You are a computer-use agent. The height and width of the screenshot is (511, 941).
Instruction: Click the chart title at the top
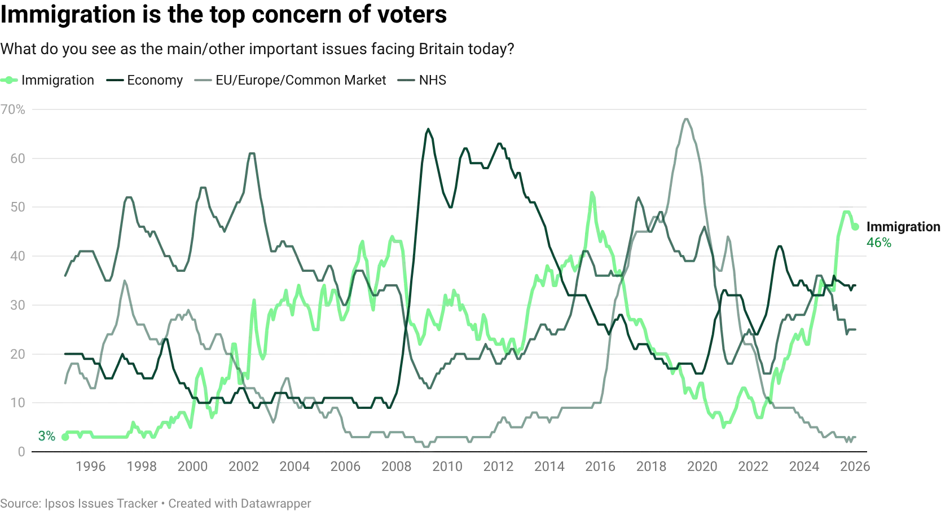(x=257, y=50)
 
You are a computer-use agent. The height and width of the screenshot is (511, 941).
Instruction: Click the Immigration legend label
(x=57, y=80)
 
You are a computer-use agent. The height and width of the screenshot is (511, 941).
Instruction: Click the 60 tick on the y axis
(x=18, y=161)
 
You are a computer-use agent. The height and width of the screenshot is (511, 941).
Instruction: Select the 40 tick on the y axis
(x=18, y=255)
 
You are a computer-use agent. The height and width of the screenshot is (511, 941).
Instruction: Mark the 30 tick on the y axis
(x=18, y=305)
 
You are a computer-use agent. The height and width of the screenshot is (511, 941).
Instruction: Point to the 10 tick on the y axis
(x=18, y=404)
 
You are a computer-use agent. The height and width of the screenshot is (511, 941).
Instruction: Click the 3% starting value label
(x=47, y=436)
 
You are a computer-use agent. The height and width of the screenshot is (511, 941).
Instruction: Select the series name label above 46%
(x=902, y=227)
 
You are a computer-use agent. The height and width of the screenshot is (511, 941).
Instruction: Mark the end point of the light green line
(x=858, y=228)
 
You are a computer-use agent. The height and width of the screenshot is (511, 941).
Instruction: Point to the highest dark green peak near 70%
(x=686, y=119)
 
